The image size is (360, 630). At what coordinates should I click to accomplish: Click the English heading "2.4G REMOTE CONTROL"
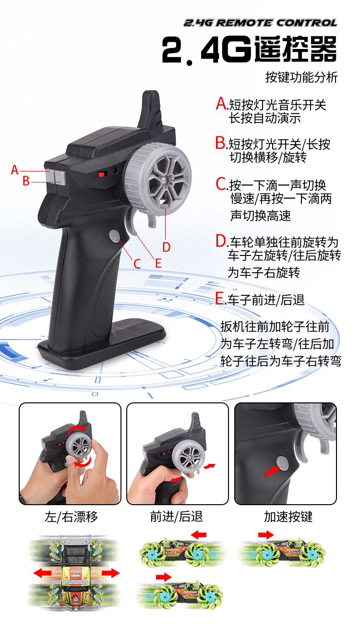(x=261, y=23)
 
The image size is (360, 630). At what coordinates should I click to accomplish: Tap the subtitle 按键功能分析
(x=301, y=77)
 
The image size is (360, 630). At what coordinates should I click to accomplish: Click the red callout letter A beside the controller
(x=14, y=170)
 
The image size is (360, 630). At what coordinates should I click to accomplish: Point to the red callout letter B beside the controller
(x=26, y=181)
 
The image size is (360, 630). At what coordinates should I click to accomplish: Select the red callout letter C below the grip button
(x=137, y=264)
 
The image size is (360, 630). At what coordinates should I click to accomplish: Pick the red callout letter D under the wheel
(x=167, y=247)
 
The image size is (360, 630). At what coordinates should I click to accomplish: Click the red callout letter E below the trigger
(x=158, y=264)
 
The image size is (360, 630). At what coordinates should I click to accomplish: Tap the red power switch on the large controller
(x=101, y=174)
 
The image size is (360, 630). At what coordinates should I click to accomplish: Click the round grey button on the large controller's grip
(x=114, y=236)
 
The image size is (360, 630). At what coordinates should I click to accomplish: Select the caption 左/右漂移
(x=71, y=517)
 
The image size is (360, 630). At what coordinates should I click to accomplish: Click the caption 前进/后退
(x=177, y=517)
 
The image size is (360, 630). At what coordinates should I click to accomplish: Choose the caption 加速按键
(x=288, y=517)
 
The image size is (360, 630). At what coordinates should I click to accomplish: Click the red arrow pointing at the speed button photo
(x=272, y=472)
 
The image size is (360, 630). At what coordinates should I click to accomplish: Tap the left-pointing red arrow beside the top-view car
(x=42, y=573)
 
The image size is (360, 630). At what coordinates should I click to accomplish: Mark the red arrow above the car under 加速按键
(x=266, y=534)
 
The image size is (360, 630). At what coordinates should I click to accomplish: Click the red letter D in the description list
(x=221, y=241)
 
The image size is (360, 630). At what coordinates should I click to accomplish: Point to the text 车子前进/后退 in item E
(x=266, y=300)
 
